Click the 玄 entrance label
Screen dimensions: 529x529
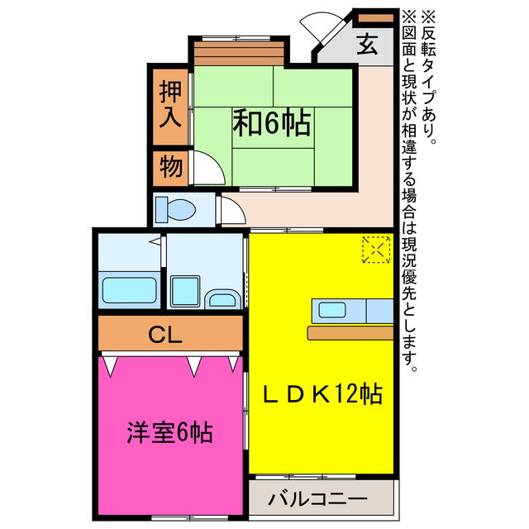[x=367, y=45]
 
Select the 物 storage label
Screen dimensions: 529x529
[x=170, y=168]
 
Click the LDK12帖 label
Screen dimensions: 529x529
[x=322, y=395]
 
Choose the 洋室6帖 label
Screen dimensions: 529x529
[x=170, y=432]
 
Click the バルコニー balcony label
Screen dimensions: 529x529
[x=319, y=499]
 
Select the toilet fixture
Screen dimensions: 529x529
[x=175, y=210]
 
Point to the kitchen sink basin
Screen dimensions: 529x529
[x=333, y=310]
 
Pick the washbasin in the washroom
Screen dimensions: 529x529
[x=222, y=300]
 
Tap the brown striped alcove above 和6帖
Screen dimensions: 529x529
[x=240, y=54]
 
